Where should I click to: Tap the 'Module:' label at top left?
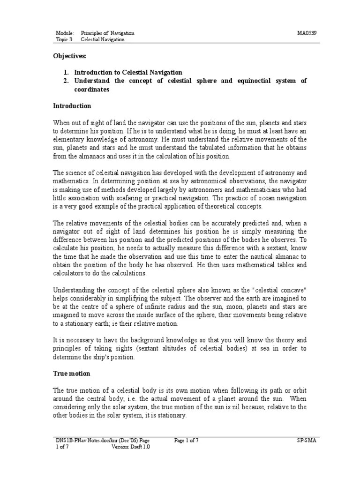point(65,33)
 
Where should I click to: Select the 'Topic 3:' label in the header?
point(65,40)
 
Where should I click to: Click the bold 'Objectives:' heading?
point(70,56)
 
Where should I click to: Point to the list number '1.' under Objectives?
point(66,72)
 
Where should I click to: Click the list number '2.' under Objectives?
point(66,81)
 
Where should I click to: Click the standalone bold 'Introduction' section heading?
point(72,106)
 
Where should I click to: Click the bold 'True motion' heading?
point(71,374)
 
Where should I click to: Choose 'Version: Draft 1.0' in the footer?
point(131,447)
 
